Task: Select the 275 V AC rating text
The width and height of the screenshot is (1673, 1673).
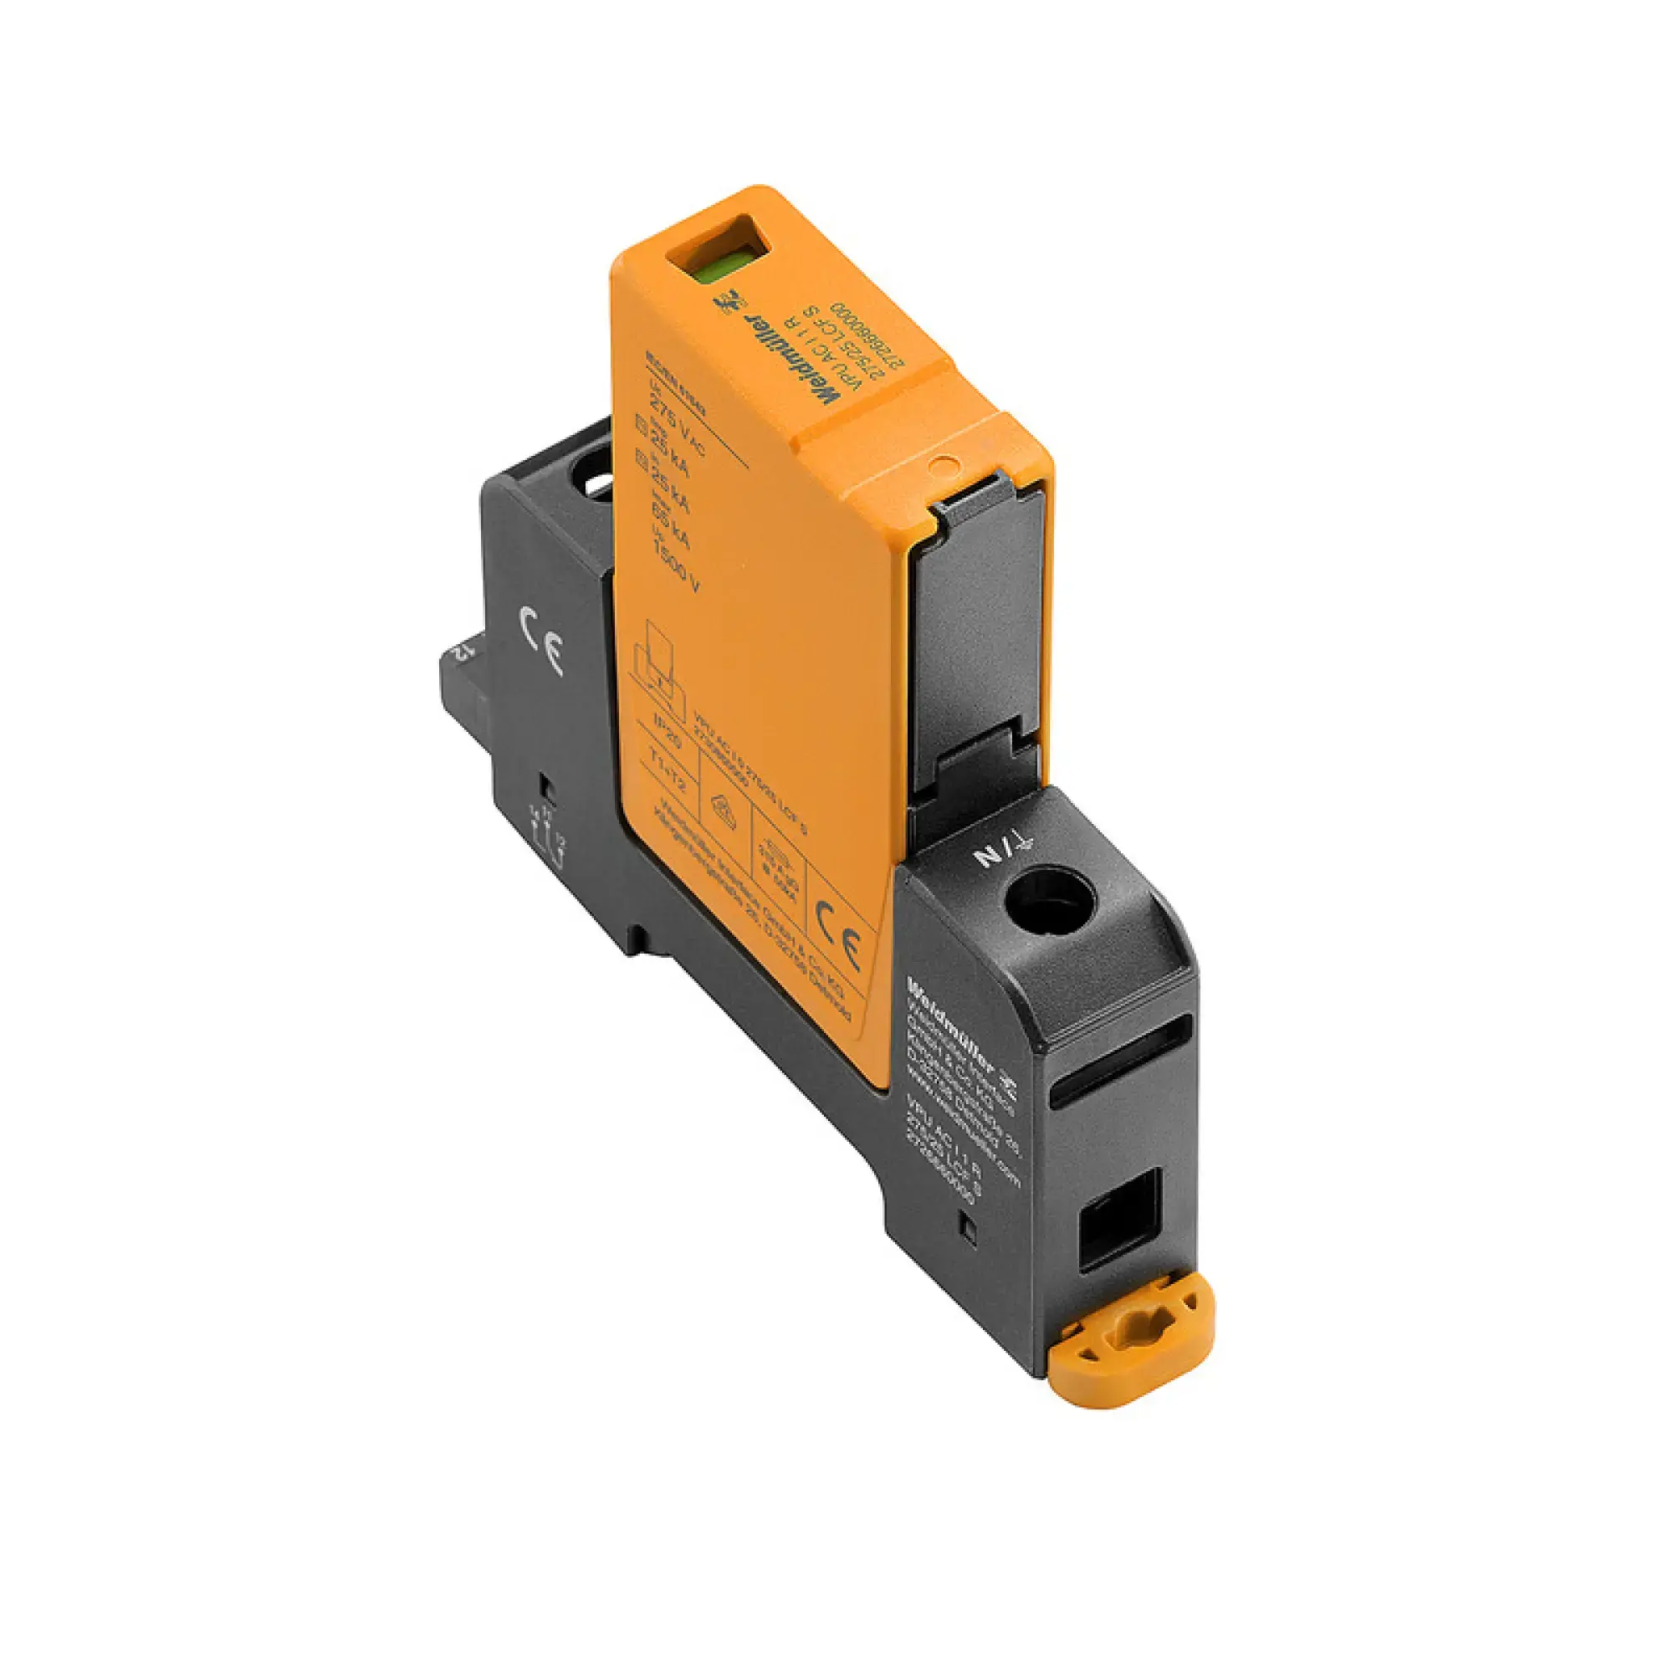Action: coord(673,425)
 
